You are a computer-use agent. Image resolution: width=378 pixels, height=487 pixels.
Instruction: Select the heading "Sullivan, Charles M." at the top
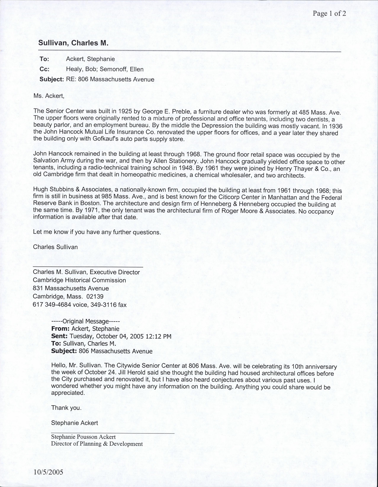[x=73, y=43]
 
